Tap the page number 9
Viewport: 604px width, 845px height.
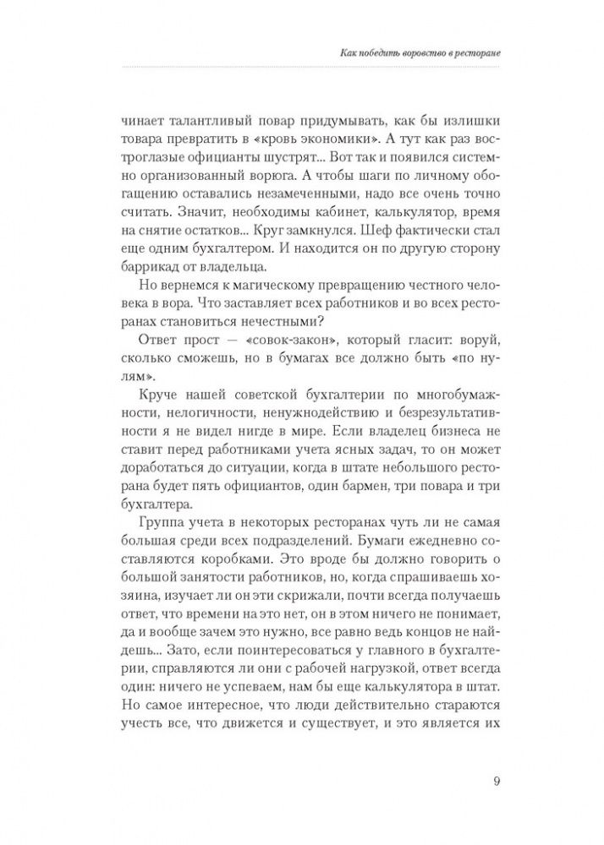pyautogui.click(x=496, y=780)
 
